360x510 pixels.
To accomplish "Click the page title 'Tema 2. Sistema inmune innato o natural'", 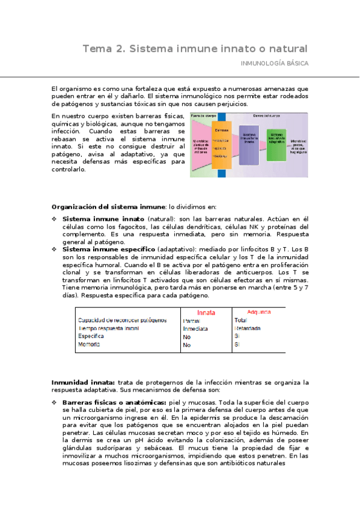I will [x=195, y=48].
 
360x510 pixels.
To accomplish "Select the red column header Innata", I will [x=206, y=313].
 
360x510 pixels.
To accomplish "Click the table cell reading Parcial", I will [x=191, y=321].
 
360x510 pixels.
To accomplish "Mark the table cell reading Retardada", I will [x=247, y=329].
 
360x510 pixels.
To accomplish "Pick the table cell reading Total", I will [x=240, y=321].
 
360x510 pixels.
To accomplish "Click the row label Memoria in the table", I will [x=89, y=345].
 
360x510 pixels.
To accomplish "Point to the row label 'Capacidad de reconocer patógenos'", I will [x=122, y=321].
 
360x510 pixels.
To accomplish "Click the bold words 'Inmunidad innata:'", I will [x=83, y=382].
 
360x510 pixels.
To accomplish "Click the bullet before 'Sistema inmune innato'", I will [x=54, y=219].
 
